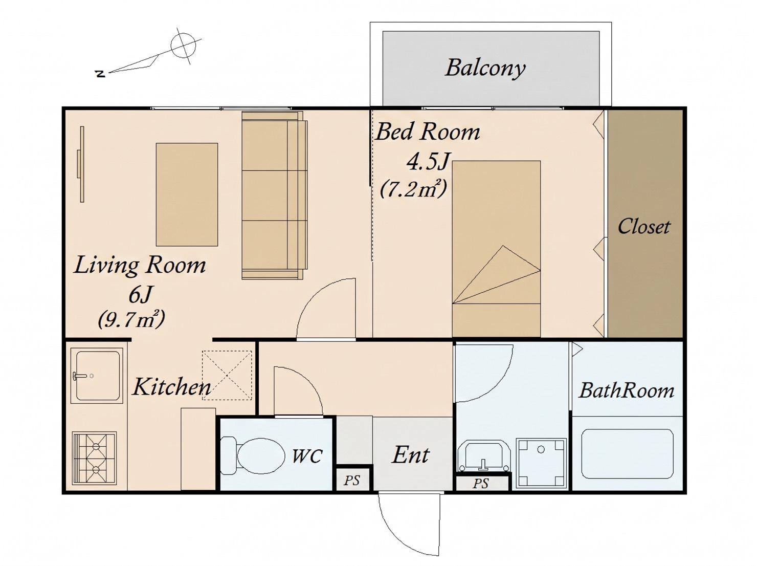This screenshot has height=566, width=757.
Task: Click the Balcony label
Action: [485, 69]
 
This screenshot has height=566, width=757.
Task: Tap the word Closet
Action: [643, 227]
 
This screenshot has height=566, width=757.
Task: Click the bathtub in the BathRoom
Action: [627, 453]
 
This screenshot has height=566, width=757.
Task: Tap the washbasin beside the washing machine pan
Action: [484, 456]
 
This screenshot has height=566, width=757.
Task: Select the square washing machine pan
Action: [541, 463]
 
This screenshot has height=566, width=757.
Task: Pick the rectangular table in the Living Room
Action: [187, 194]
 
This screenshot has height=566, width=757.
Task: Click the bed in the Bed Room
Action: [496, 248]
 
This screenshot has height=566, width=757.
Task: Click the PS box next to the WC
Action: [353, 479]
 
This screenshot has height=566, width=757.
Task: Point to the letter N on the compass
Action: [100, 74]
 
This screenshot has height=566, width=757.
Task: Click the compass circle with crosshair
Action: [184, 46]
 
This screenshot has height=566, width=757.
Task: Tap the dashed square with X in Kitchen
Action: [227, 375]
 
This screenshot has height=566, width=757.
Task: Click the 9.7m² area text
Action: [131, 319]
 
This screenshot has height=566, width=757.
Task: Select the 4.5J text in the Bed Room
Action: [428, 161]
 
